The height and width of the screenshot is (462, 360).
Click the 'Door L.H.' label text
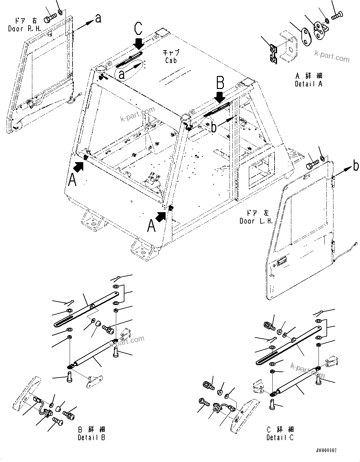point(256,221)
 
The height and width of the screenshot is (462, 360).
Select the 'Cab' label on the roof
point(171,60)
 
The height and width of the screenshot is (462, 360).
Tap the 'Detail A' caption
point(308,84)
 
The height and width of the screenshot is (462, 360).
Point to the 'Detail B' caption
point(92,437)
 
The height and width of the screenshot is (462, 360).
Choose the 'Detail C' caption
point(280,437)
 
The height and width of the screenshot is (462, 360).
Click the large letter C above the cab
point(138,28)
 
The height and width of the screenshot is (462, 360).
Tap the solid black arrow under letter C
point(139,43)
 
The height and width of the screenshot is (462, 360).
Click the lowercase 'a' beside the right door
point(98,18)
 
